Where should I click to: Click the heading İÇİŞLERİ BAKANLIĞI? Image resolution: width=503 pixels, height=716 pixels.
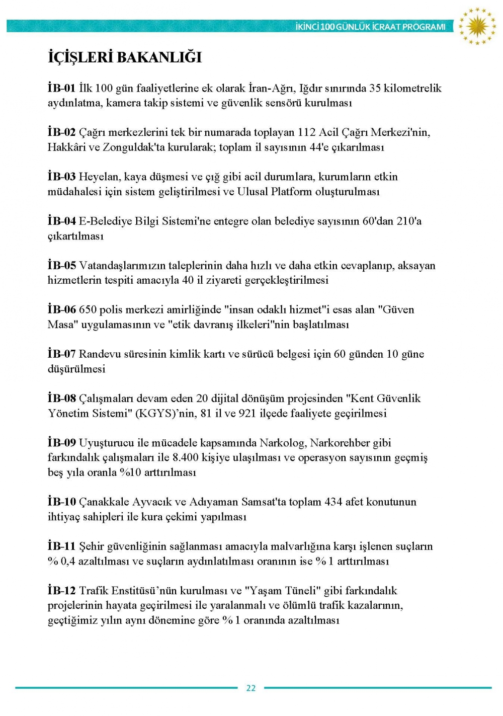click(125, 57)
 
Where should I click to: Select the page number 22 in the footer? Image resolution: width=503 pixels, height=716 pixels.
click(251, 688)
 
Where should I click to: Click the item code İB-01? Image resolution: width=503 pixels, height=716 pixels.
click(61, 88)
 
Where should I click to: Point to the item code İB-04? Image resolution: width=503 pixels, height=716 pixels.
click(62, 221)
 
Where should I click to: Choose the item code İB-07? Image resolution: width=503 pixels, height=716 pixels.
click(62, 354)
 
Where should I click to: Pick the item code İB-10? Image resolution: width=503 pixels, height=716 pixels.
click(62, 502)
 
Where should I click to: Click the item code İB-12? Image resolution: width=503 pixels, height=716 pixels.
click(62, 591)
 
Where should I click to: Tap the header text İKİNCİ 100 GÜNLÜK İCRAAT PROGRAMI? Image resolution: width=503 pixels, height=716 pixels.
click(371, 27)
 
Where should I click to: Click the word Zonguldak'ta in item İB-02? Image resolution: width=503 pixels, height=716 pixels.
click(133, 147)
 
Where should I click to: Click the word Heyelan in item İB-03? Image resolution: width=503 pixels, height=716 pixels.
click(98, 177)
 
